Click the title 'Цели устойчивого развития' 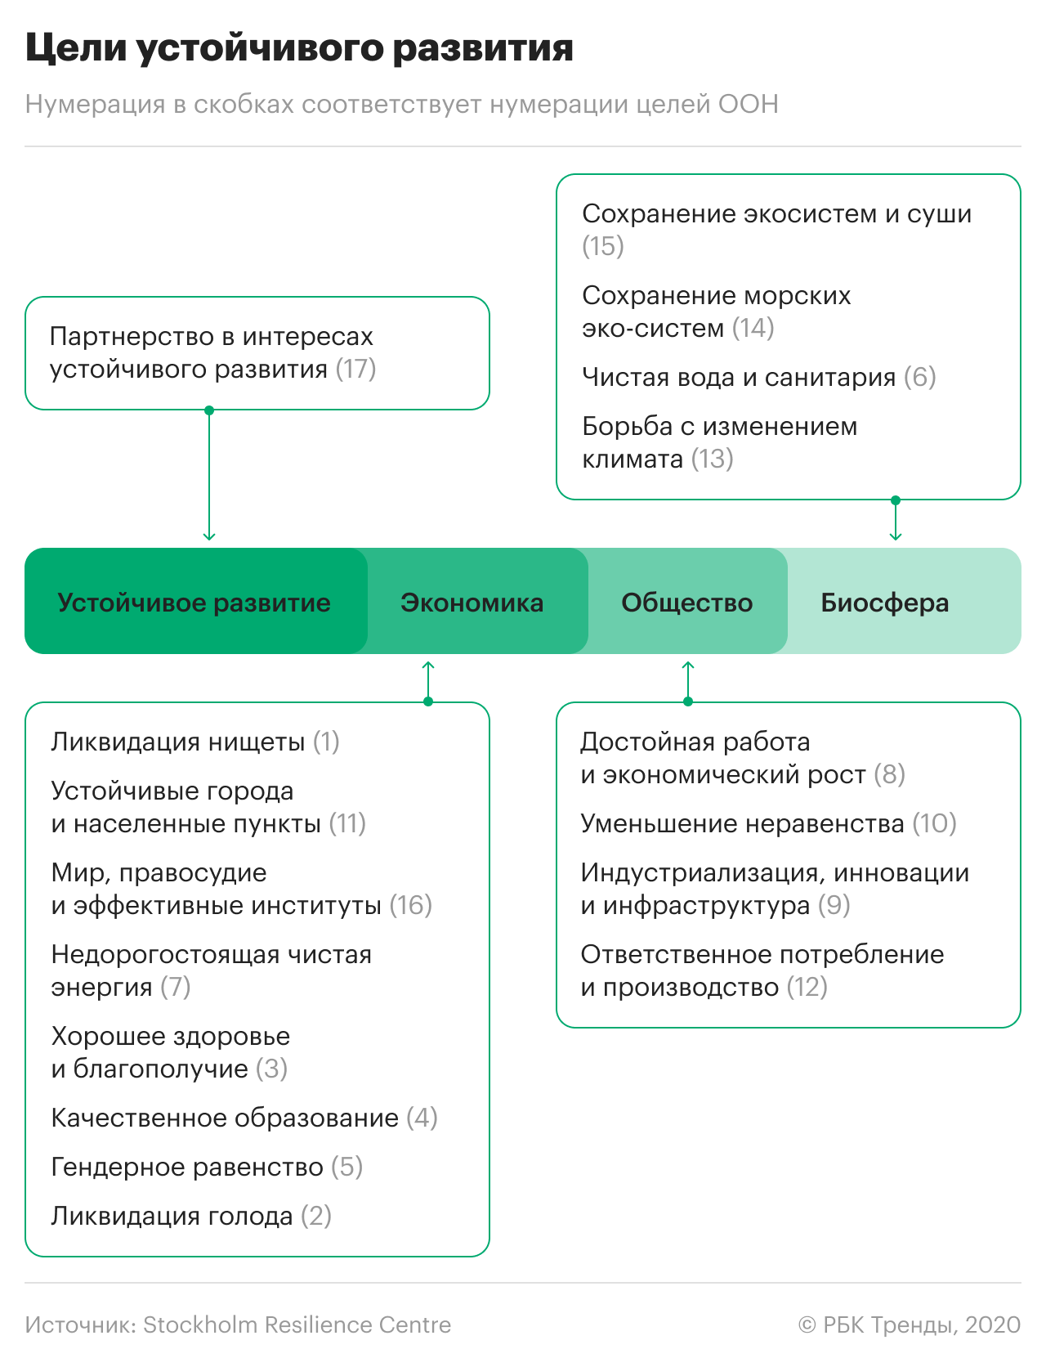(x=299, y=47)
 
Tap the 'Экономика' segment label (x=472, y=603)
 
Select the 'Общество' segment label (x=686, y=603)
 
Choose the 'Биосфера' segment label (x=884, y=603)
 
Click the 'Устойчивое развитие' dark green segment (x=194, y=603)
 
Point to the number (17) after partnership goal (x=355, y=369)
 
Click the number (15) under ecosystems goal (x=603, y=246)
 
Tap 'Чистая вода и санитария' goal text (x=739, y=377)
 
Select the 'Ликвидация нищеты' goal (x=178, y=742)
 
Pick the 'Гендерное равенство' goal (x=187, y=1167)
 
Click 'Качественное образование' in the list (x=225, y=1118)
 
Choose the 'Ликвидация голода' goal (x=172, y=1216)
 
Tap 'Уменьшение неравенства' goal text (x=742, y=823)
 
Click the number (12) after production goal (x=807, y=987)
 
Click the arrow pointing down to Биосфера (x=896, y=521)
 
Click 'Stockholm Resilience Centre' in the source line (x=297, y=1324)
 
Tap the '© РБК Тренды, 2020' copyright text (x=909, y=1324)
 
